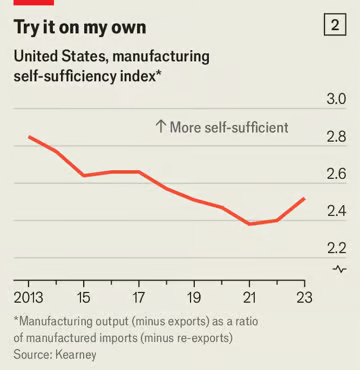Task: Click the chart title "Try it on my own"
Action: (x=80, y=27)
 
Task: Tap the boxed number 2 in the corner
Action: (x=335, y=26)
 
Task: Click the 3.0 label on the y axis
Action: (x=337, y=99)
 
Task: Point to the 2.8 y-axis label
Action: (x=337, y=137)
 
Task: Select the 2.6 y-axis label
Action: (x=337, y=174)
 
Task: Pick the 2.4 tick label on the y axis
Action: (x=337, y=212)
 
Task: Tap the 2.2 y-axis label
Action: (x=337, y=249)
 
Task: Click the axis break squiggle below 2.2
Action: (x=340, y=269)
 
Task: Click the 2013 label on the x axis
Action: (x=29, y=297)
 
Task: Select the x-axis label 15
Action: (x=84, y=297)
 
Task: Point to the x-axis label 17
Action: (x=139, y=297)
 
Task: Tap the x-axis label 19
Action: (x=194, y=297)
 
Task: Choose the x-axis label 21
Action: (x=249, y=297)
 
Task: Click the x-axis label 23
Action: (x=304, y=297)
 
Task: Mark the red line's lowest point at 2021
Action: (x=249, y=224)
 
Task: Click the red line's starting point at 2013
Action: (x=29, y=137)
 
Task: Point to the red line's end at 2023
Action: (x=304, y=199)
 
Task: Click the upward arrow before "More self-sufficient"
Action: (x=161, y=127)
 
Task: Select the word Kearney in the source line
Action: (x=76, y=354)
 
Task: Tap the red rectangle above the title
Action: (x=34, y=2)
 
